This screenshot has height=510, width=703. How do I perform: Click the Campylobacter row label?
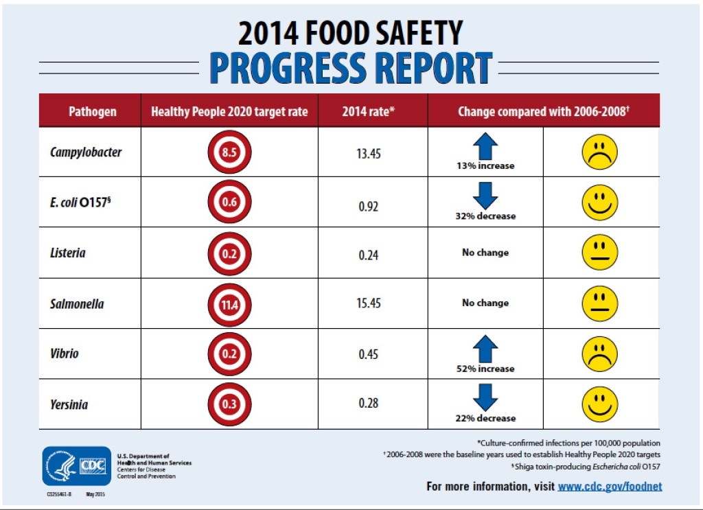coord(86,152)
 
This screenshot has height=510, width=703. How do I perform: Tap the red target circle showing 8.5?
coord(229,152)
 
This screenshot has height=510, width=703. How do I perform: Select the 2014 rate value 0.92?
coord(369,205)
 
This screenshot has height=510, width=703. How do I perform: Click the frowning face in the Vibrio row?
coord(600,354)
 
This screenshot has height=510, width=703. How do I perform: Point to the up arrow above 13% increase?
coord(485,146)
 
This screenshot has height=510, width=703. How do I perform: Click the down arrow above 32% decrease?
coord(485,196)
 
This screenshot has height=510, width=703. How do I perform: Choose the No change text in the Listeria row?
coord(485,253)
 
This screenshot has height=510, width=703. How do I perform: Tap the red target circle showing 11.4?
coord(229,303)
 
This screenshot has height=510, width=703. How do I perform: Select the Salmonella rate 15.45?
coord(369,303)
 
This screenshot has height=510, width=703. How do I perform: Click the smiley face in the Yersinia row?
coord(600,404)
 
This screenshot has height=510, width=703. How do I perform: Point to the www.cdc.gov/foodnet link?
coord(610,487)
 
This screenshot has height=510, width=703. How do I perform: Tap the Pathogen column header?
coord(93,111)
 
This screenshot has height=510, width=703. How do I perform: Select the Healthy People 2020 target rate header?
coord(229,111)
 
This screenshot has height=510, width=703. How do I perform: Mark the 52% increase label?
coord(485,369)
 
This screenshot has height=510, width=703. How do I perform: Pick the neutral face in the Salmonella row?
coord(600,303)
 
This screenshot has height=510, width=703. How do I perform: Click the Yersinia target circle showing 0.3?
coord(229,404)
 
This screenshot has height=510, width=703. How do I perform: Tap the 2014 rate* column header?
coord(369,111)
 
